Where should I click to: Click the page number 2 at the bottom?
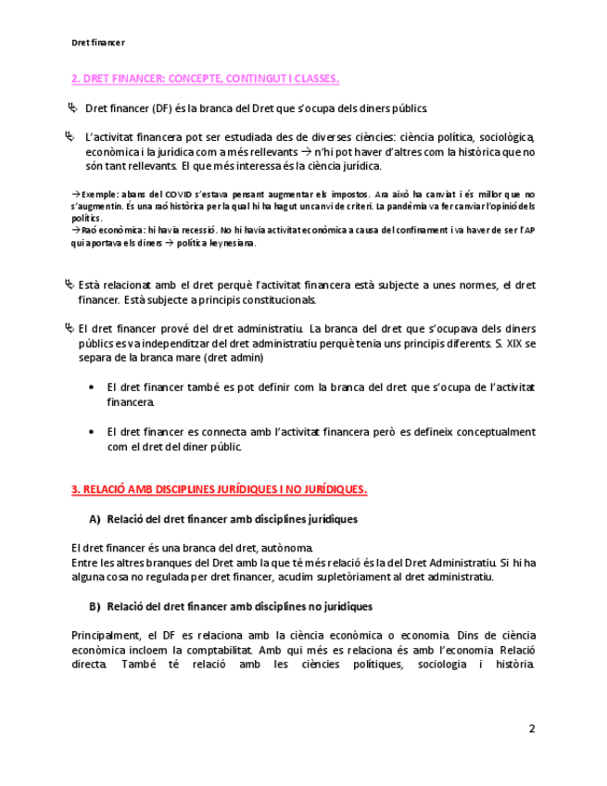(x=532, y=728)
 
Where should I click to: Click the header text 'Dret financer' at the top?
(x=98, y=43)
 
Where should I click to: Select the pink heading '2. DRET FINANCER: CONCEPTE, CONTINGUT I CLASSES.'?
(x=205, y=79)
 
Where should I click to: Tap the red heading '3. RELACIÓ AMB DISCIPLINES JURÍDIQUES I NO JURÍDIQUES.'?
(x=219, y=489)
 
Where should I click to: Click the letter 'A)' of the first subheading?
(x=95, y=519)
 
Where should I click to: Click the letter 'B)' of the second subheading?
(x=95, y=606)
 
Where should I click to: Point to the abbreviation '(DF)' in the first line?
(x=162, y=108)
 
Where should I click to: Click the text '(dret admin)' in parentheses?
(x=234, y=358)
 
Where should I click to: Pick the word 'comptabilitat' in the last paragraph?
(x=216, y=650)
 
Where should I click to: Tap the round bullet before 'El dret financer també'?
(x=90, y=387)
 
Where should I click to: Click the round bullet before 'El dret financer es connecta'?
(x=90, y=432)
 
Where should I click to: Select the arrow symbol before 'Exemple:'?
(x=75, y=194)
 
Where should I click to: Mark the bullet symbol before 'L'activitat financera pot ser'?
(x=70, y=137)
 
